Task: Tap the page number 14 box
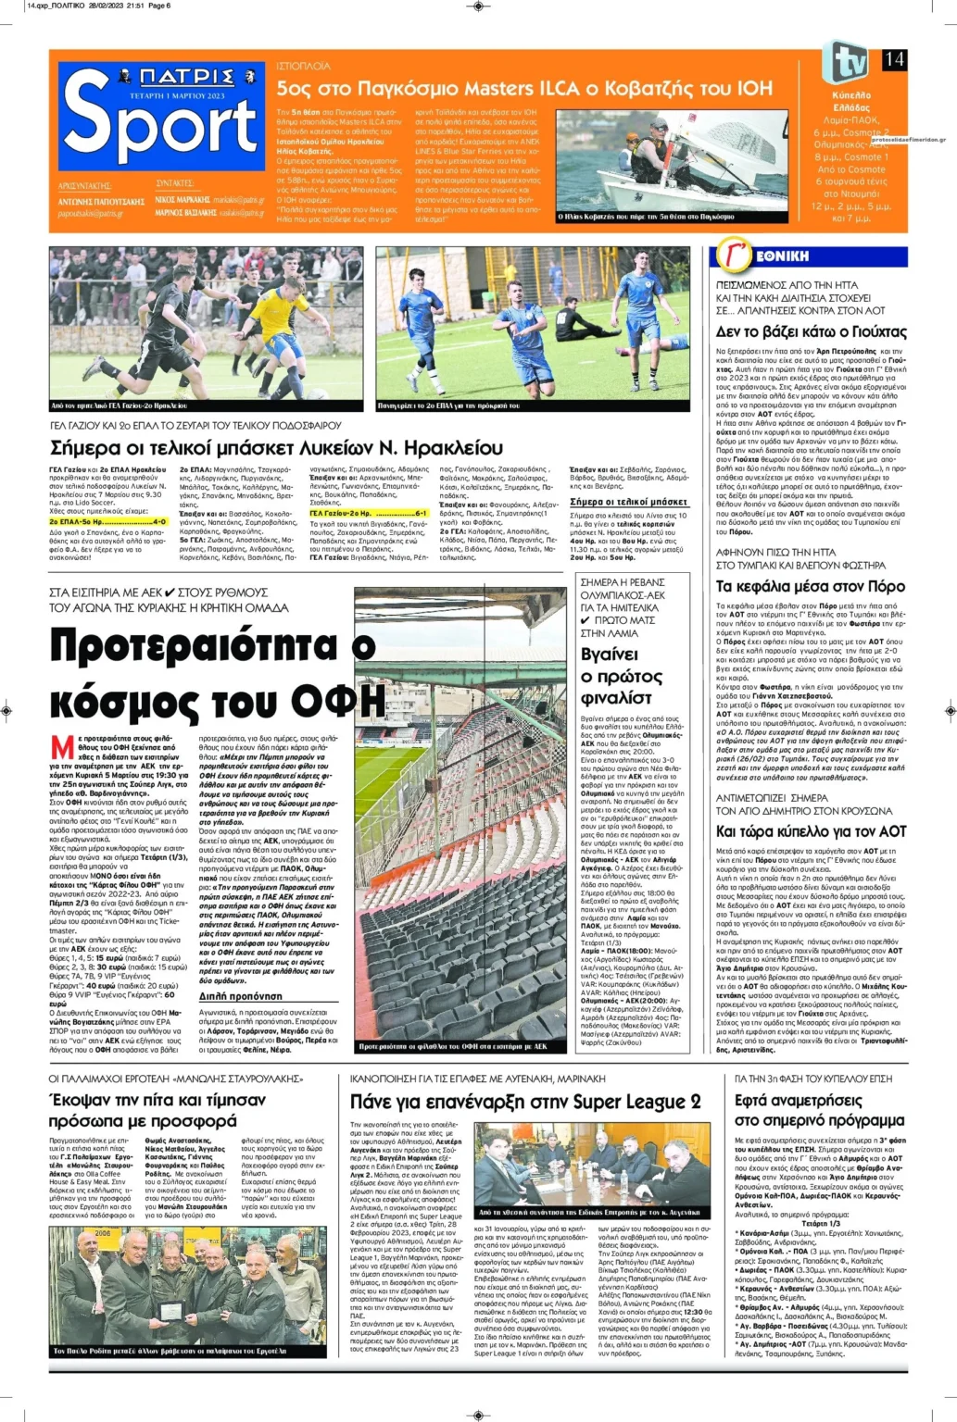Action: (893, 60)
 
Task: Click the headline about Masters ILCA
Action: (524, 88)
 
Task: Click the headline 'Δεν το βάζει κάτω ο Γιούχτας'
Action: (811, 331)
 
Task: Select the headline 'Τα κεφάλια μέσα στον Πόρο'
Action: (810, 586)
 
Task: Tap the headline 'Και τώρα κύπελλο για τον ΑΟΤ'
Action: (811, 831)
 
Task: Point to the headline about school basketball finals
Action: (276, 448)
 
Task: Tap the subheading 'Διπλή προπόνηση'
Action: (241, 996)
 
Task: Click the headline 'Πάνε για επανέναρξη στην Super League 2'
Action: (525, 1102)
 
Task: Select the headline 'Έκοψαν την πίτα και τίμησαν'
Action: (157, 1100)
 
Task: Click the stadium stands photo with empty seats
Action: (461, 815)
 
